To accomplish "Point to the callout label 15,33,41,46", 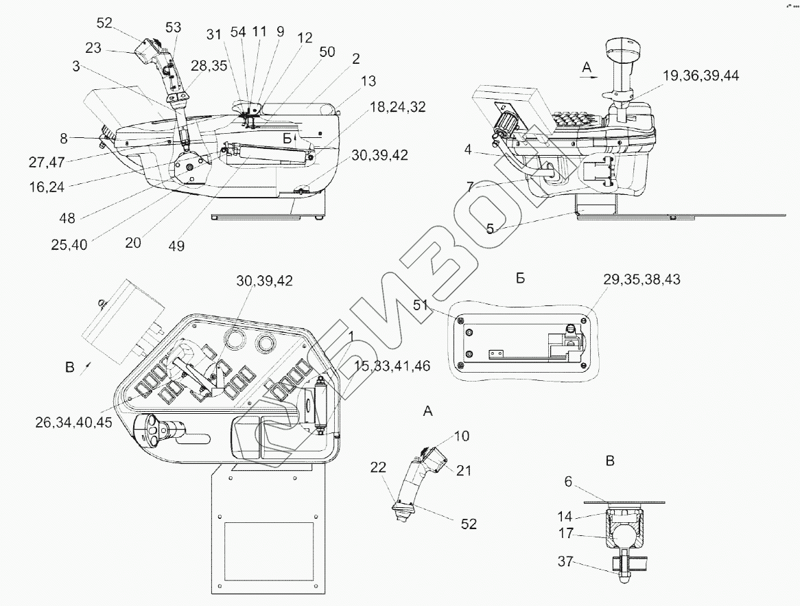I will click(392, 366).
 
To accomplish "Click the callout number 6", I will click(567, 482).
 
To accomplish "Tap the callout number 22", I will click(379, 467).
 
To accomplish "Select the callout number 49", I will click(177, 246).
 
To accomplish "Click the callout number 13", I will click(368, 82).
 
